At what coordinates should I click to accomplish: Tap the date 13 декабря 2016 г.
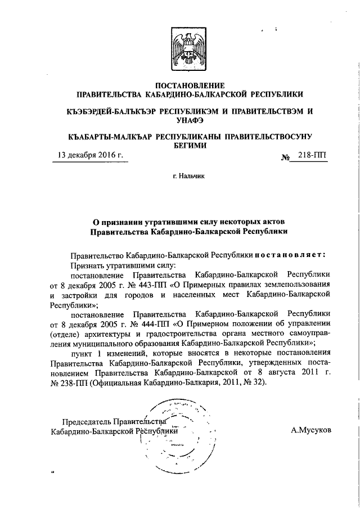click(90, 156)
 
